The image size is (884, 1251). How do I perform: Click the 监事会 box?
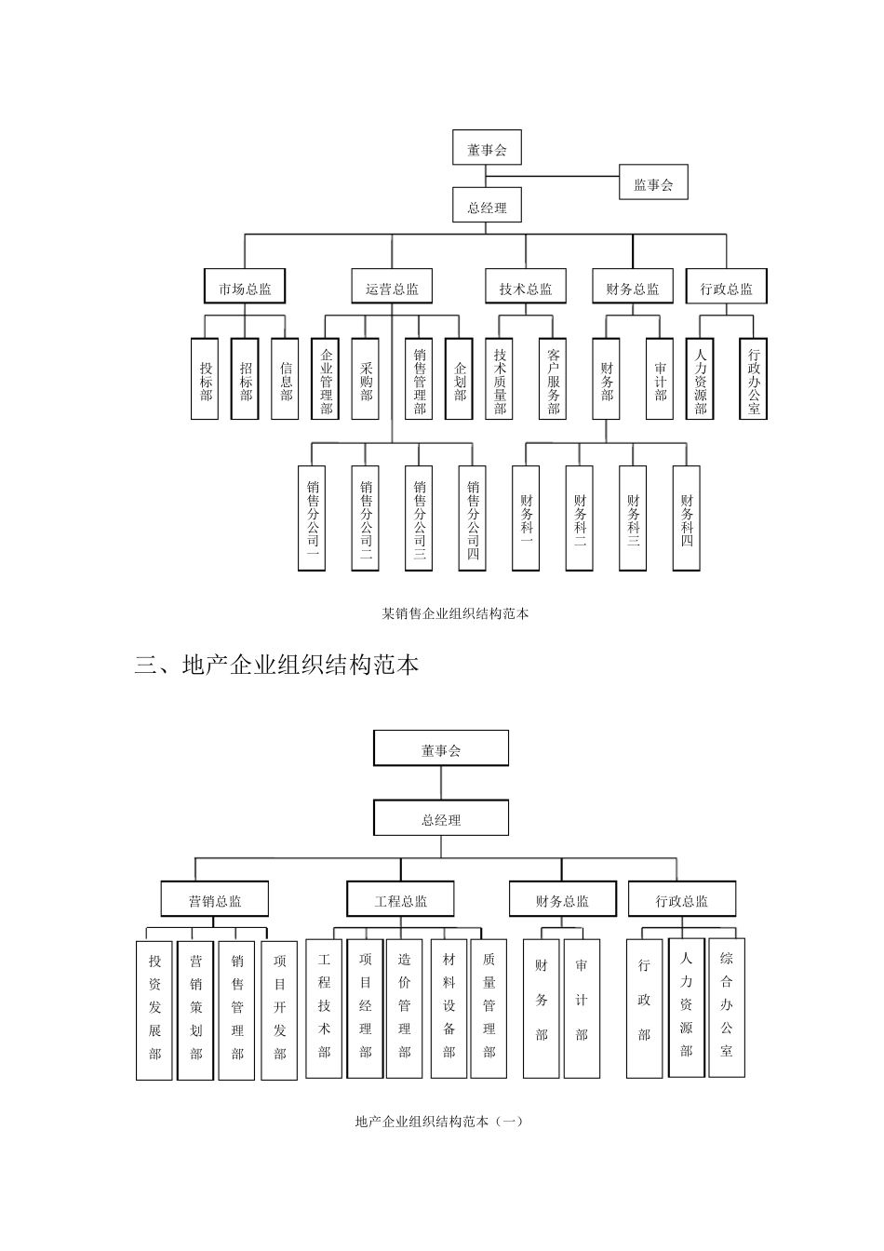point(653,183)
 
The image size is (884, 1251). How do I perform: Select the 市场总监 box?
point(245,288)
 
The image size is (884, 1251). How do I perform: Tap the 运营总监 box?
point(392,288)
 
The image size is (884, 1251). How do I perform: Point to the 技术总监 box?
point(525,288)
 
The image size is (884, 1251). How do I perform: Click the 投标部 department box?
point(206,379)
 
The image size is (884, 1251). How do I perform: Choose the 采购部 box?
point(366,379)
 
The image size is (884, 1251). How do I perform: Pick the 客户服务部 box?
point(554,379)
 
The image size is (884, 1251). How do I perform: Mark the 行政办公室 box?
point(754,379)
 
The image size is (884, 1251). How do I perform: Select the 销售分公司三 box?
point(420,518)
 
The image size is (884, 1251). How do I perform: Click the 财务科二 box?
point(580,518)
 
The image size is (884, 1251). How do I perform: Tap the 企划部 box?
point(461,379)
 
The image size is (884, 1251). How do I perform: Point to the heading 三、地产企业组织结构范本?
point(277,665)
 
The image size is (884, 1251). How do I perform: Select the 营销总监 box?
point(215,900)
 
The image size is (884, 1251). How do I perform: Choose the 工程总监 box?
point(401,900)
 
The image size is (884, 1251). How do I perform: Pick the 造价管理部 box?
point(404,1008)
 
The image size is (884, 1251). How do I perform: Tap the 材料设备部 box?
point(449,1008)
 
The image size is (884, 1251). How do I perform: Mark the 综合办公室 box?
point(727,1005)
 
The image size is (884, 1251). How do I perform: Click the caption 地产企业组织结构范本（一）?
point(439,1122)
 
